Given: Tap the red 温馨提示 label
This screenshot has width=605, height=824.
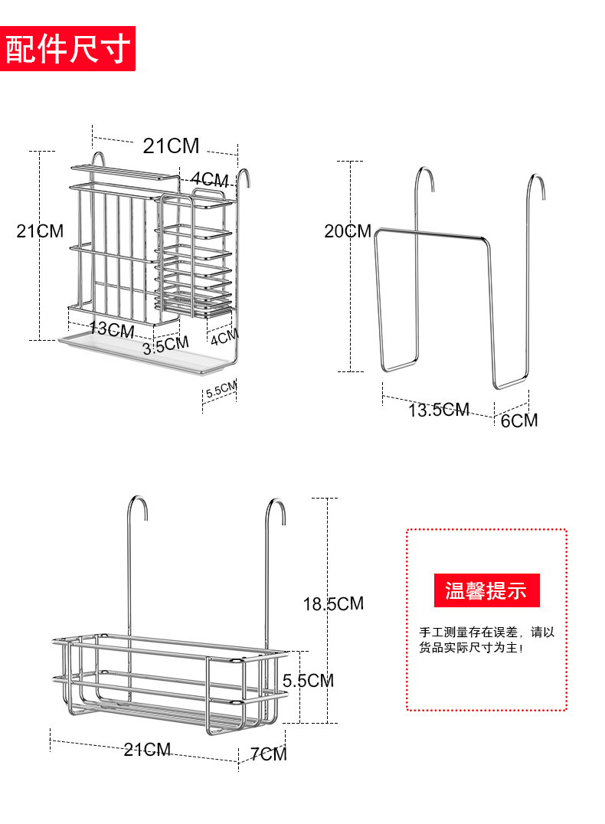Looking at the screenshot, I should click(x=486, y=590).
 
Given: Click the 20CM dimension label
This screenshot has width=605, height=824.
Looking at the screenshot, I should click(x=347, y=231).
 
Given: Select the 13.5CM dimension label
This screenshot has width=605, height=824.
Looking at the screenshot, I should click(x=438, y=410).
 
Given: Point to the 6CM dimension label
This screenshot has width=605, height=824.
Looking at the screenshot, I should click(x=519, y=420).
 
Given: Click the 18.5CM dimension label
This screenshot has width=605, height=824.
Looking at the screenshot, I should click(x=333, y=603).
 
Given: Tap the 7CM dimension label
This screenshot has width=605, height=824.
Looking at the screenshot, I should click(x=268, y=754).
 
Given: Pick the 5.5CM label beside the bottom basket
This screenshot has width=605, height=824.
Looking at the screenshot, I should click(x=308, y=680).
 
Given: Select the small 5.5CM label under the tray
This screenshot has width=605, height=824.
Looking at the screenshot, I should click(x=221, y=389).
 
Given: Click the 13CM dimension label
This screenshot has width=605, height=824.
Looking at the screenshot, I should click(x=112, y=330).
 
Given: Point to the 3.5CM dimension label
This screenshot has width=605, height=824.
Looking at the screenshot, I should click(x=165, y=346).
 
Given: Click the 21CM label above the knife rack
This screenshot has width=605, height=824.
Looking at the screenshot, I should click(x=171, y=146).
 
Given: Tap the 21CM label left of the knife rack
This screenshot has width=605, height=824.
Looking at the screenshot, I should click(x=40, y=231).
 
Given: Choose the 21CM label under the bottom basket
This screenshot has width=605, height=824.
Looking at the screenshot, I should click(x=148, y=750).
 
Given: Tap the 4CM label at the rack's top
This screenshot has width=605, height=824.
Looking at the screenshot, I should click(x=209, y=179).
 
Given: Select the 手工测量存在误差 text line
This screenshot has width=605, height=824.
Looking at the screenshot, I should click(x=486, y=633).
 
